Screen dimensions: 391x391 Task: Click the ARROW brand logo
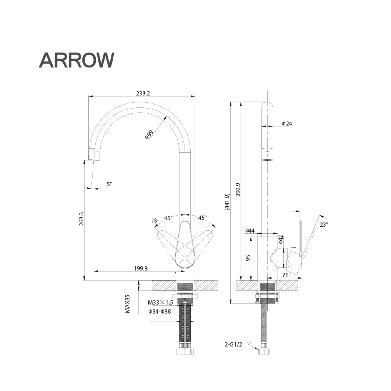[x=76, y=60]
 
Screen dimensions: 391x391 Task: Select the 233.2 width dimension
[x=143, y=93]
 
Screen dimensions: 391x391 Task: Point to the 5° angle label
[x=109, y=184]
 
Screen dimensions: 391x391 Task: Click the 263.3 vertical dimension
[x=81, y=219]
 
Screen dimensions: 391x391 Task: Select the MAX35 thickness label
[x=127, y=303]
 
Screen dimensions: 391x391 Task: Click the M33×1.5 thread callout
[x=160, y=302]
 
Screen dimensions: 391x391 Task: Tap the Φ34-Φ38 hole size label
[x=160, y=311]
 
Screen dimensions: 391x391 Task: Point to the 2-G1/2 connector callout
[x=233, y=345]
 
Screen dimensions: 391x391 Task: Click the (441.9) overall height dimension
[x=226, y=201]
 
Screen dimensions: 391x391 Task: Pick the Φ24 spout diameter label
[x=287, y=124]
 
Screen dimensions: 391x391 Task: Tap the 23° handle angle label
[x=324, y=224]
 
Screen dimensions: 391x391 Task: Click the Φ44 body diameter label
[x=250, y=230]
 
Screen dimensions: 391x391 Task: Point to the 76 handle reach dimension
[x=285, y=275]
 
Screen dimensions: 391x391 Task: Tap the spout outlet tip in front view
[x=94, y=154]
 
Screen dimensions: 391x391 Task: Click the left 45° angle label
[x=168, y=218]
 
